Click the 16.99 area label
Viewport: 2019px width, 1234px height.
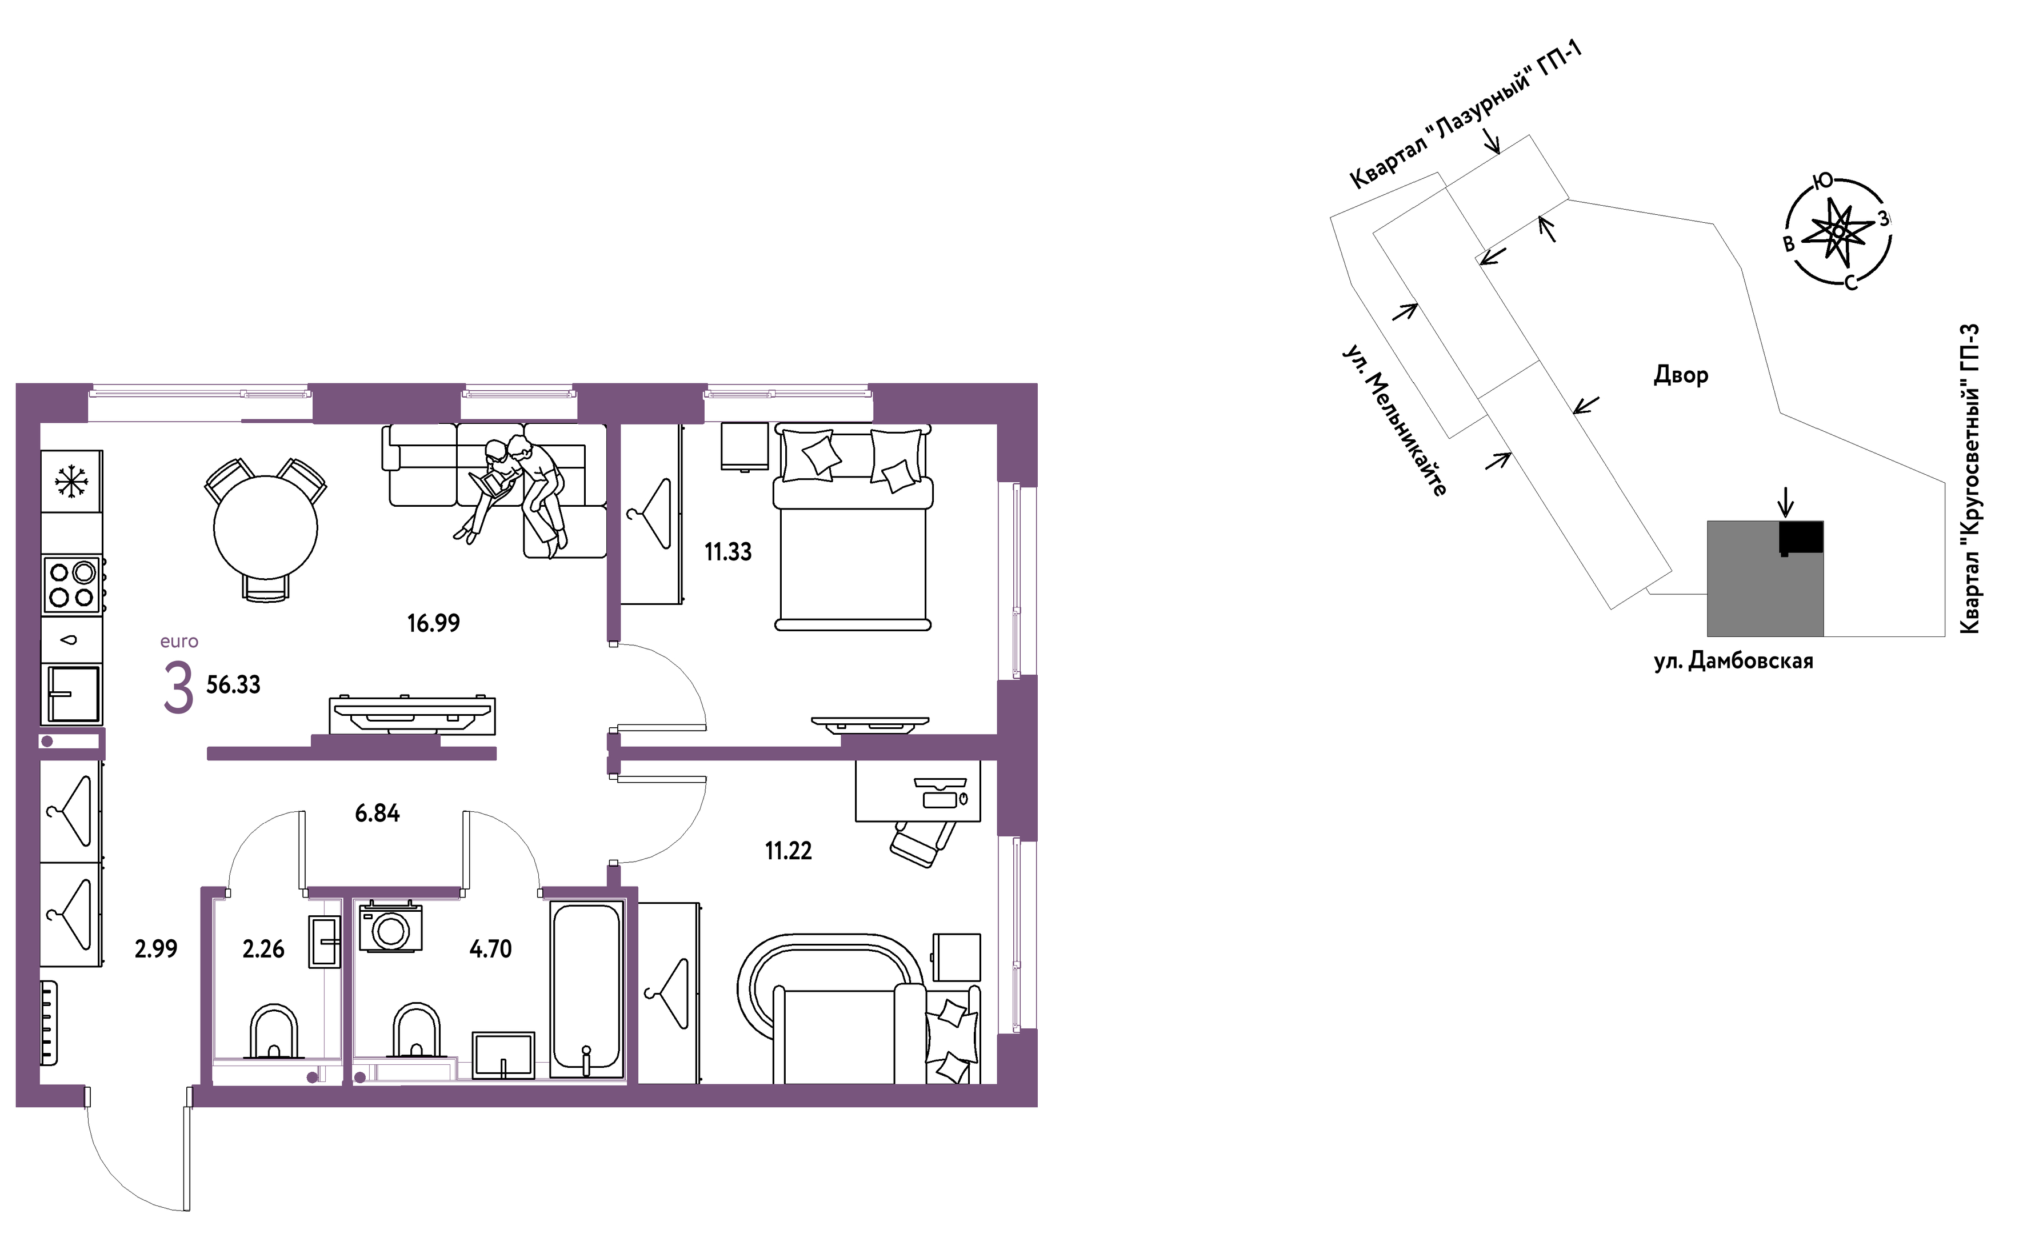coord(434,623)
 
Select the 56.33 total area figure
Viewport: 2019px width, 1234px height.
coord(234,685)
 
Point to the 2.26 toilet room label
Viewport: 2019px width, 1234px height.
coord(263,949)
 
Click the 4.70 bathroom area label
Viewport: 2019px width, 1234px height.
coord(490,949)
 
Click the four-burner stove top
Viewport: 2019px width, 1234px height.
coord(72,585)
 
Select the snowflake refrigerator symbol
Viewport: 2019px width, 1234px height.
coord(71,481)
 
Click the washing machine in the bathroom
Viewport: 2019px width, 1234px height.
coord(391,927)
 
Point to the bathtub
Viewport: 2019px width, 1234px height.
coord(586,989)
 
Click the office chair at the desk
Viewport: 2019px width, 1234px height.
coord(923,842)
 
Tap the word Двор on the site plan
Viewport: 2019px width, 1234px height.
coord(1681,375)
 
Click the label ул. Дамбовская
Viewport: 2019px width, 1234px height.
coord(1733,660)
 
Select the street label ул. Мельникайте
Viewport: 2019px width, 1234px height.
coord(1394,419)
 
